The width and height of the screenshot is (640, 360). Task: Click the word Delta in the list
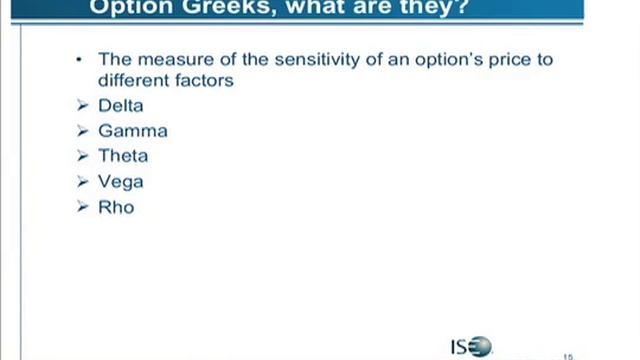[x=121, y=105]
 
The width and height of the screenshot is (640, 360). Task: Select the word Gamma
[x=133, y=131]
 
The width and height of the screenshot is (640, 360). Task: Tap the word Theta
[x=123, y=156]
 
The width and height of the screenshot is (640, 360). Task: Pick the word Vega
[x=121, y=182]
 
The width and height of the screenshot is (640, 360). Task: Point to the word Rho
[x=116, y=207]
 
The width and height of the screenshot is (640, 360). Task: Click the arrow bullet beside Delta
[x=83, y=105]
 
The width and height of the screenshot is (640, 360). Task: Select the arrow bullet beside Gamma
[x=83, y=131]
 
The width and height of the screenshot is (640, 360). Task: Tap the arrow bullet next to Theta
[x=83, y=156]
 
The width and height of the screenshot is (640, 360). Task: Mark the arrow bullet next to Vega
[x=83, y=182]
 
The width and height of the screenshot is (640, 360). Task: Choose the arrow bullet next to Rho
[x=83, y=207]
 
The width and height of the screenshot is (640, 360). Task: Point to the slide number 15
[x=569, y=355]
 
